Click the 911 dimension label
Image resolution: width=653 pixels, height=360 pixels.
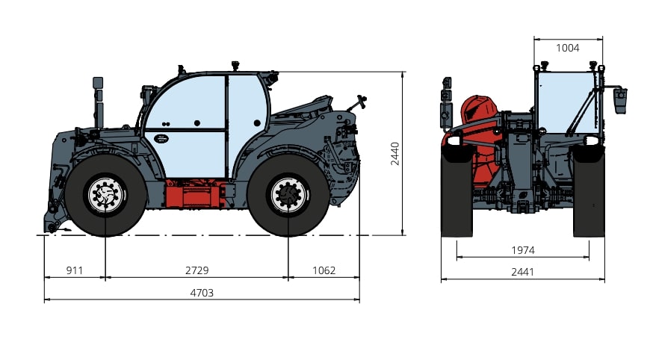pyautogui.click(x=75, y=270)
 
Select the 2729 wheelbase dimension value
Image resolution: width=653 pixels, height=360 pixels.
pyautogui.click(x=197, y=270)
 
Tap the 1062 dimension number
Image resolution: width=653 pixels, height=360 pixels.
pyautogui.click(x=324, y=270)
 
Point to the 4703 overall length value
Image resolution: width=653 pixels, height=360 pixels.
pyautogui.click(x=202, y=293)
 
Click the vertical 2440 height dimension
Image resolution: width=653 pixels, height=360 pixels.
pyautogui.click(x=394, y=154)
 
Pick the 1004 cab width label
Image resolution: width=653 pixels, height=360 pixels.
pyautogui.click(x=568, y=49)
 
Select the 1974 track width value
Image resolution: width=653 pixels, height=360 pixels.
pyautogui.click(x=523, y=250)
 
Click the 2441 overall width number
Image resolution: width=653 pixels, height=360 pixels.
pyautogui.click(x=523, y=272)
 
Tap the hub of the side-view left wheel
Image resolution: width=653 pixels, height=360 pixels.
pyautogui.click(x=105, y=195)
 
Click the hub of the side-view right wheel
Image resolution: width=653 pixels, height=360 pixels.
pyautogui.click(x=288, y=195)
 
